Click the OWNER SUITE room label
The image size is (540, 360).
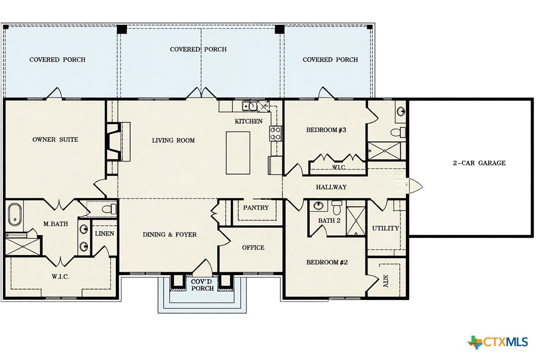point(55,140)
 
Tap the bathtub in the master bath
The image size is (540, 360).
point(14,215)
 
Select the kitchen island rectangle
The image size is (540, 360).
point(238,153)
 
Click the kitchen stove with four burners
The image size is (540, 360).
point(275,133)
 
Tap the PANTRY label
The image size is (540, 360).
point(256,208)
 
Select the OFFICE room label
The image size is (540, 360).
point(253,248)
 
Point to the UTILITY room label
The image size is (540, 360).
point(386,228)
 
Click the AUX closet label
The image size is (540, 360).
point(386,282)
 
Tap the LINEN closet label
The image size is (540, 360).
point(104,234)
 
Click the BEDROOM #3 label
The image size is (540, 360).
point(326,130)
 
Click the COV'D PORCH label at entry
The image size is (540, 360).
point(202,285)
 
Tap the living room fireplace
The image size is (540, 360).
point(112,141)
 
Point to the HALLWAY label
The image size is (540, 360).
point(331,187)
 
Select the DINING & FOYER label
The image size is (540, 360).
point(170,235)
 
